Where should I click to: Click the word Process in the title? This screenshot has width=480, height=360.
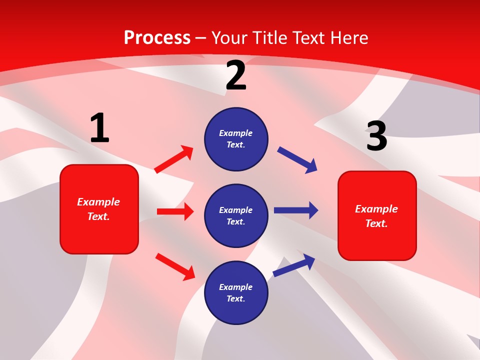157,38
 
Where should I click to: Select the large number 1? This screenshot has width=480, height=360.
99,128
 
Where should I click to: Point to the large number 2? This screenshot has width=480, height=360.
236,75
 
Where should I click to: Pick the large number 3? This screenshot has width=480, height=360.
376,136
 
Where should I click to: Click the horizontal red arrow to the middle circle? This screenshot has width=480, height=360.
175,211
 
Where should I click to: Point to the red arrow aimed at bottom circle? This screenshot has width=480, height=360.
175,266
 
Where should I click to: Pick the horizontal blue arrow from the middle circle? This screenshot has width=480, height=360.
296,210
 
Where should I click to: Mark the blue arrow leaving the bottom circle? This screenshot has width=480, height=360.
294,265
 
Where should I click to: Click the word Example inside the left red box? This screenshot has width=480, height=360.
98,202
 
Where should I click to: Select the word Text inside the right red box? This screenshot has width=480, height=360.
376,223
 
